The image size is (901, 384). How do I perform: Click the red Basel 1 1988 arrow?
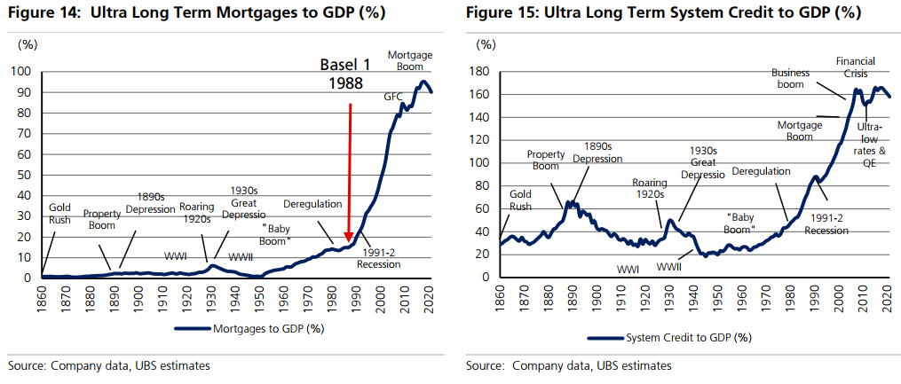pos(349,168)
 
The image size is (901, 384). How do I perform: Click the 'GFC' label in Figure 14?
pos(393,96)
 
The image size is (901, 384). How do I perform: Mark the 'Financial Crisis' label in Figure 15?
pos(856,67)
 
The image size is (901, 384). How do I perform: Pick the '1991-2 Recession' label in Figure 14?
pos(379,257)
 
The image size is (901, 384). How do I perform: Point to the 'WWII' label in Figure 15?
pos(668,265)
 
